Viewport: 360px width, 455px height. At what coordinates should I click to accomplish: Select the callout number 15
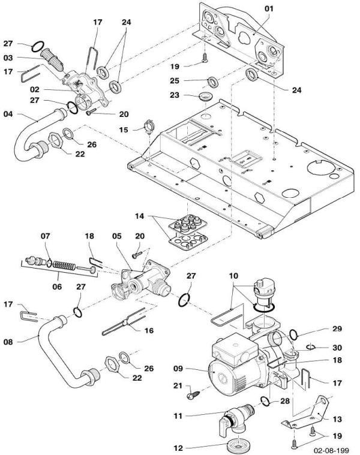124,129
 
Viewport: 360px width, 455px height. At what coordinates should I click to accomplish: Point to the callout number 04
8,113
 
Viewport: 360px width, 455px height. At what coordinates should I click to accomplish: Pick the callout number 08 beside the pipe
8,343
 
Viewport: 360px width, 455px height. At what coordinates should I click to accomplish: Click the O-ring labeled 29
293,333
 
